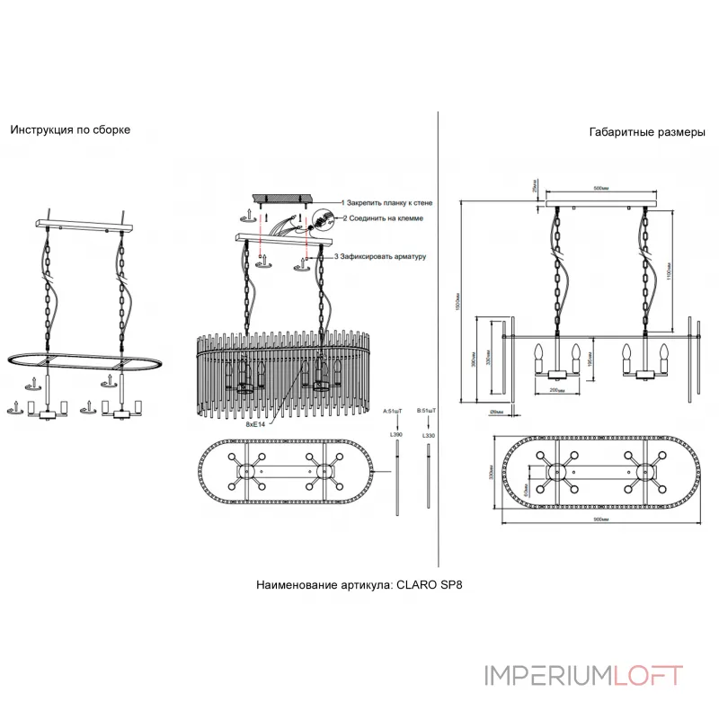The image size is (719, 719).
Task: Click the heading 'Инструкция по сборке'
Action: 70,129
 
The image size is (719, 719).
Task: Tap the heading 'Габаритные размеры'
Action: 647,132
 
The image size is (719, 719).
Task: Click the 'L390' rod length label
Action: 395,434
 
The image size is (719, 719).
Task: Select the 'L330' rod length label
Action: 428,434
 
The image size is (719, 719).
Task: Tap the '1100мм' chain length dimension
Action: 669,266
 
